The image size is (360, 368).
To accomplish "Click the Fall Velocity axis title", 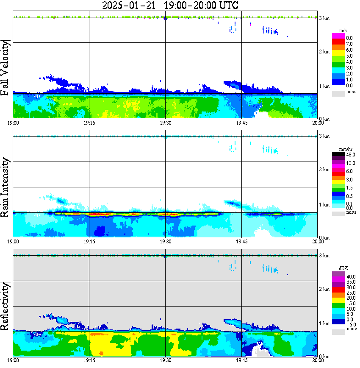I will tap(6, 69).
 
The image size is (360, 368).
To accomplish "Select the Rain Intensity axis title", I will tap(6, 187).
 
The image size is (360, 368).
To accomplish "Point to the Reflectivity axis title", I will tap(6, 305).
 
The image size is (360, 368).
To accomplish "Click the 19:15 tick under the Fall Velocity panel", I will tap(89, 123).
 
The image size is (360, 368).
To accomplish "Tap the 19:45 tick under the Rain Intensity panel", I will tap(241, 241).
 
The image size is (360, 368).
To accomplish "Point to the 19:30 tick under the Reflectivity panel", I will tap(165, 360).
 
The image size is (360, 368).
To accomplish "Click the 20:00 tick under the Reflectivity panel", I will tap(318, 360).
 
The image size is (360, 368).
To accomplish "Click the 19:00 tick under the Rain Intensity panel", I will tap(14, 241).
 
